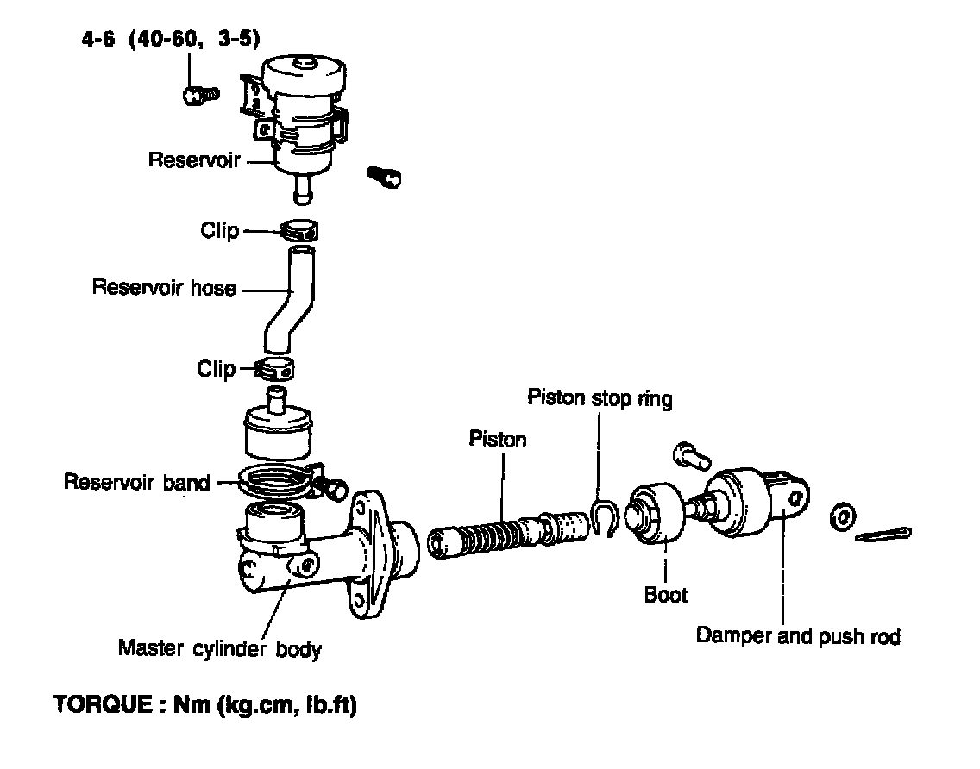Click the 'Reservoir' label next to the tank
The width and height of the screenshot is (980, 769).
(193, 160)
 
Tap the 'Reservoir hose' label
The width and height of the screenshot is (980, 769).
(164, 288)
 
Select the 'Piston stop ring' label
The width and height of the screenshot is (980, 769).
(600, 398)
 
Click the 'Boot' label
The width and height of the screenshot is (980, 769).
(666, 594)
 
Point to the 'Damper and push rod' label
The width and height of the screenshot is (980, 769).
(798, 637)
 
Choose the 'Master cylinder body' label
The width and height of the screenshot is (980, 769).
(219, 648)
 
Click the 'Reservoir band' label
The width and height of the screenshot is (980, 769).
(136, 482)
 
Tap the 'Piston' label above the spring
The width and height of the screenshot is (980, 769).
(498, 439)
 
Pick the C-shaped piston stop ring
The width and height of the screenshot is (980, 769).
(604, 517)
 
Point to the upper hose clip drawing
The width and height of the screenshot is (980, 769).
(299, 231)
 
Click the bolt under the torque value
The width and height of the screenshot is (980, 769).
(202, 94)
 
